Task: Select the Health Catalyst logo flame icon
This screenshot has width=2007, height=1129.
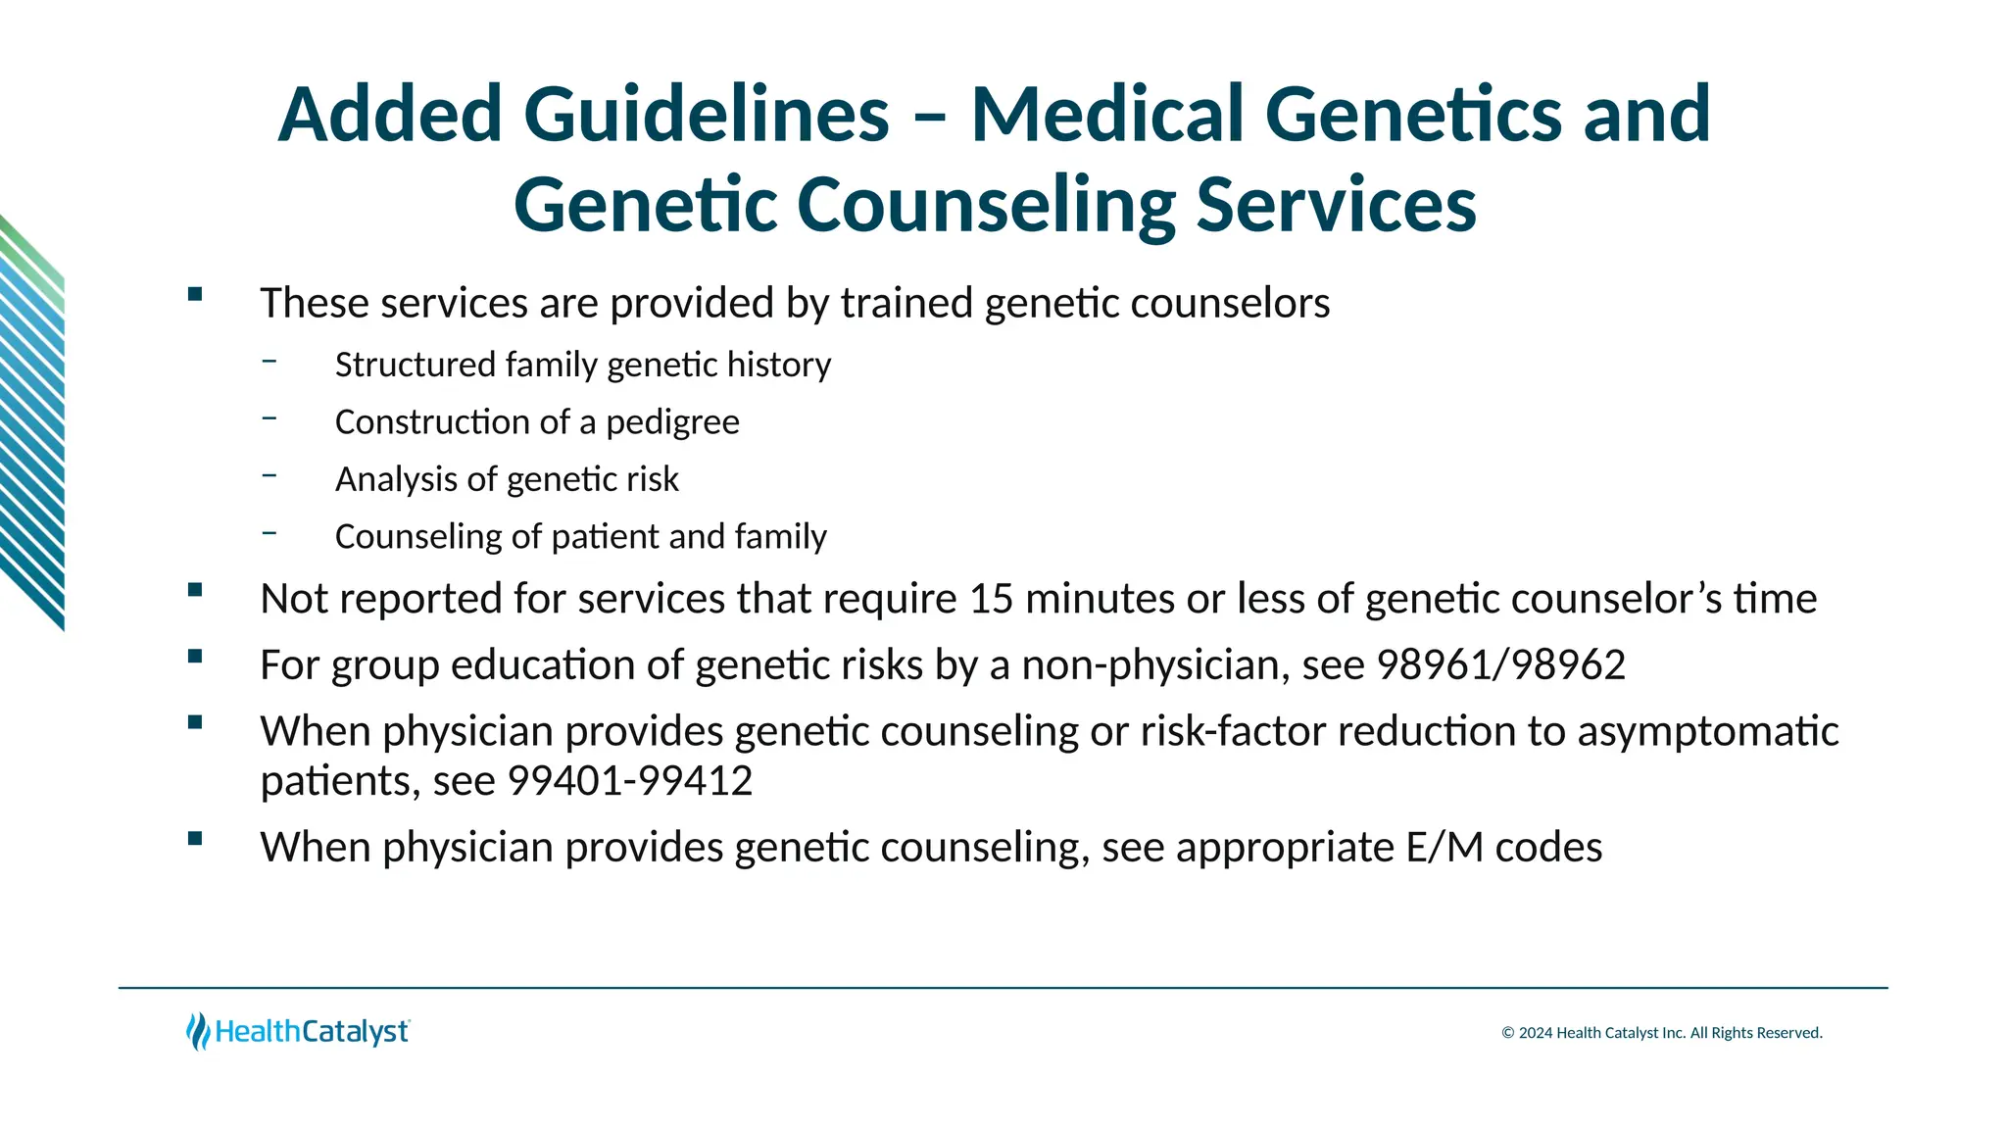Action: pos(198,1031)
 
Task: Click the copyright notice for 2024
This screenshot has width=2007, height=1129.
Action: pos(1662,1033)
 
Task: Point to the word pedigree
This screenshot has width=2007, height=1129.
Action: pos(672,422)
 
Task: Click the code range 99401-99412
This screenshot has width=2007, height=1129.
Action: pos(629,781)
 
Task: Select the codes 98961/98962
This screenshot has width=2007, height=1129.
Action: pos(1500,665)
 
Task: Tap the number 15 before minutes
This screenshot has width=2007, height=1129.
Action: pos(991,599)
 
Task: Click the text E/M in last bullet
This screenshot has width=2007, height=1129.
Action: pos(1444,848)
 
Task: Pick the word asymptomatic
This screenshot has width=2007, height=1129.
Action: pos(1707,732)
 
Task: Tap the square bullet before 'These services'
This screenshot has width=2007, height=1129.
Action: pos(195,294)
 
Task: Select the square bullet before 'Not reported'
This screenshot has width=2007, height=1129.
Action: pos(195,590)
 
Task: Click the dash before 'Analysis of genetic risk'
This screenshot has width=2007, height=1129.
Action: pos(269,475)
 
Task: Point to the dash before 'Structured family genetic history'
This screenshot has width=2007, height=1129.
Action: pos(269,361)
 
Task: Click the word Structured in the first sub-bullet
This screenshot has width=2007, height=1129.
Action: pos(416,366)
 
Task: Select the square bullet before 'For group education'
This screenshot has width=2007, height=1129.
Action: pos(195,657)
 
